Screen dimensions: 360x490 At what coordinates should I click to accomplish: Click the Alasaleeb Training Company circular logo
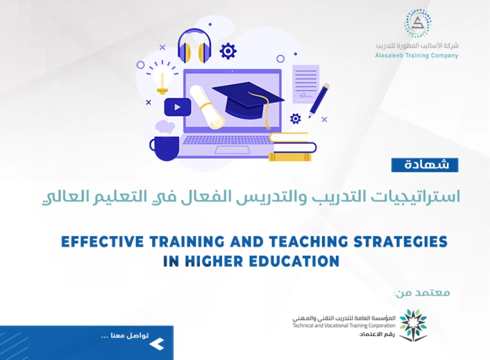click(417, 23)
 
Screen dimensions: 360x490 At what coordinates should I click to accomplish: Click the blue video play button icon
click(178, 107)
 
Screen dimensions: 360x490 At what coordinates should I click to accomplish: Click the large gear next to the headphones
click(228, 51)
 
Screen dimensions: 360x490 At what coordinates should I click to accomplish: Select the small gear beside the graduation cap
click(295, 119)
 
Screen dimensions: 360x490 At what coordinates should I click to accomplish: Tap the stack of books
click(292, 147)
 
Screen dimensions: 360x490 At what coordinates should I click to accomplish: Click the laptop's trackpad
click(233, 150)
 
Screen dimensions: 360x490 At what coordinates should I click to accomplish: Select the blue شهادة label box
click(425, 165)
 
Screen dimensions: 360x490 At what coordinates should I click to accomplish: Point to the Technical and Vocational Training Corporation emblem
click(413, 325)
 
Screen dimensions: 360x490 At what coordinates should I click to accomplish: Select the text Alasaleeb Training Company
click(417, 55)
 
